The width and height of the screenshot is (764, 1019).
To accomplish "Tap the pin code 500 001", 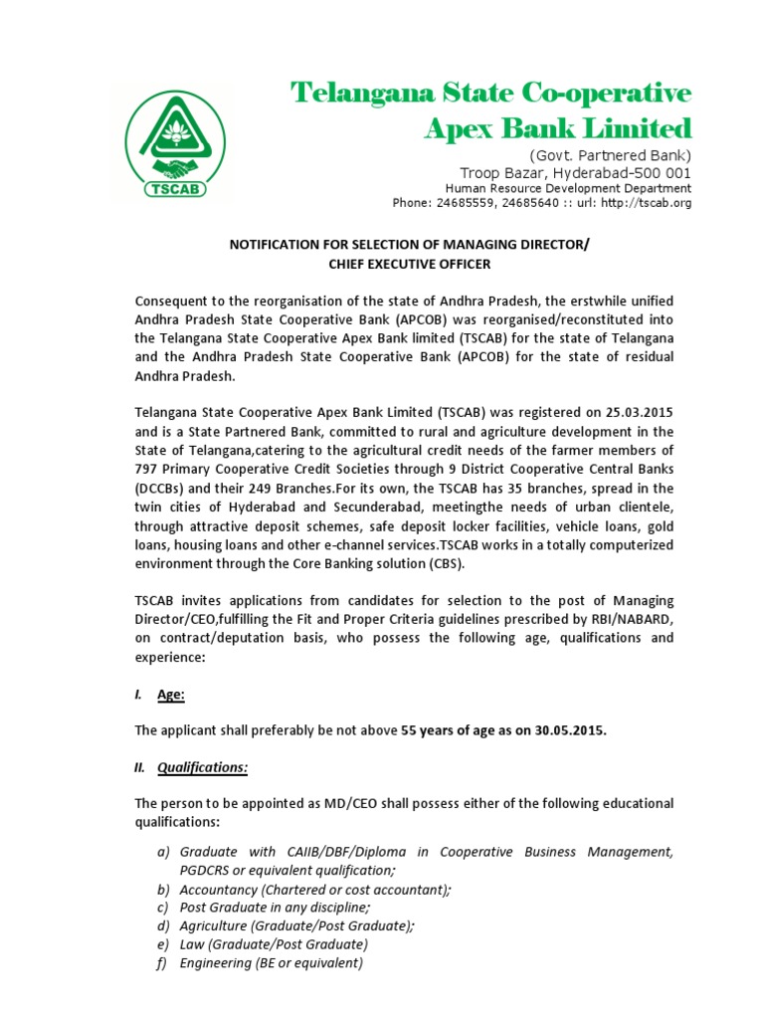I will click(661, 172).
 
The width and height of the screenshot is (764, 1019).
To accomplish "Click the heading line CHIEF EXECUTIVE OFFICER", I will click(410, 264).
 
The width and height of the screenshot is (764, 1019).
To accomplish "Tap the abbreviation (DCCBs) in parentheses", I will click(162, 489).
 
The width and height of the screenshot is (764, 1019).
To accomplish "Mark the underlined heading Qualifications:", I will click(203, 767).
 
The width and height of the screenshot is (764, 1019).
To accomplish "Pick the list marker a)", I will click(164, 852).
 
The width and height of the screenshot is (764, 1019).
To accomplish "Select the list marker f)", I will click(164, 963).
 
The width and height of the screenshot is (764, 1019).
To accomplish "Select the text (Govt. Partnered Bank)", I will click(609, 155).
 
